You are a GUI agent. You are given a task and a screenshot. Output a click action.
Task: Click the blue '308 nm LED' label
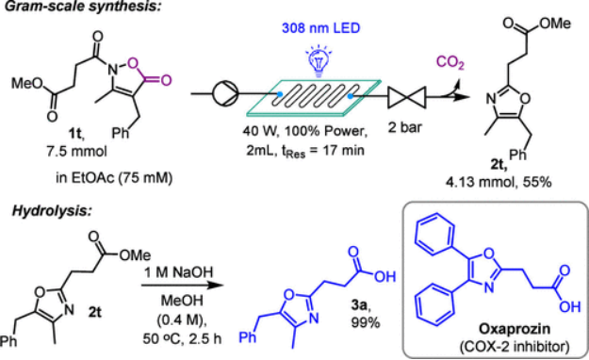coord(320,28)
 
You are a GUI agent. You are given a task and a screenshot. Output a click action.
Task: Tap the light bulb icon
coord(319,59)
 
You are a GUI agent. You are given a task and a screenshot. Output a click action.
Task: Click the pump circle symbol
coord(225,93)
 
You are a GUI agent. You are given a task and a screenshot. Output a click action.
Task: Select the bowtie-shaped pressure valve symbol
coord(407,96)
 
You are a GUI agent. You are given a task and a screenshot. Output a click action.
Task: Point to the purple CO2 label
coord(450,62)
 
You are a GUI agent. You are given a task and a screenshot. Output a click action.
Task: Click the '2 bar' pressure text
coord(405,127)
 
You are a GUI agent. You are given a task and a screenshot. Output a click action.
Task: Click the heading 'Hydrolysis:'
coord(52,210)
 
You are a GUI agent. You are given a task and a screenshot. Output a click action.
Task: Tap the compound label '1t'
coord(75,134)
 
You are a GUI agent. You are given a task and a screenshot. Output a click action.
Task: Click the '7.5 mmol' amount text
coord(76,151)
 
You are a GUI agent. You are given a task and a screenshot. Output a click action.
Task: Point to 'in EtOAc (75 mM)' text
coord(114,177)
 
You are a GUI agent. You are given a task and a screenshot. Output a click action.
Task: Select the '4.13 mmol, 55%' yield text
coord(499,182)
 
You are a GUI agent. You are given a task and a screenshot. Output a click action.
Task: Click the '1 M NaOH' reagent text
coord(179,272)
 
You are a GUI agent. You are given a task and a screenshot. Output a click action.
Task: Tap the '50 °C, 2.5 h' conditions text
coord(182,338)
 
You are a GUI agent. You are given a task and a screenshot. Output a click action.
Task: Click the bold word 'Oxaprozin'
coord(515,330)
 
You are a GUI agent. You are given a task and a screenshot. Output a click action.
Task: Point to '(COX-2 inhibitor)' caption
coord(515,346)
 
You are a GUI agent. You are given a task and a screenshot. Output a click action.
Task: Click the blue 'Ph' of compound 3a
coord(248,337)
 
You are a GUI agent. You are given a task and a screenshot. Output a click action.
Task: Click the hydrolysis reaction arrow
coord(182,285)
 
